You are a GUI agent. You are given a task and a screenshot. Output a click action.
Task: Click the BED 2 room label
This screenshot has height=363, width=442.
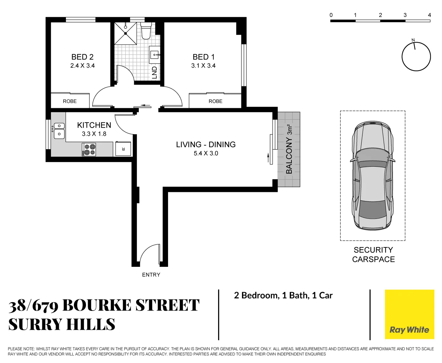[82, 57]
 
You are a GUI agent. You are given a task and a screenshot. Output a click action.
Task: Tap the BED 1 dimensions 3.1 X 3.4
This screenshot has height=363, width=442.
[203, 66]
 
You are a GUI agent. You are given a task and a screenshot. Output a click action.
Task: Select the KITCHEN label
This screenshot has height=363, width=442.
[94, 125]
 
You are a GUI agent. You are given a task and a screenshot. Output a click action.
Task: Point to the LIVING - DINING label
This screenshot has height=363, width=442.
[206, 145]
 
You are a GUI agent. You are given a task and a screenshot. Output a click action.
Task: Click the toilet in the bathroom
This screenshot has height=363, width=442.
[146, 31]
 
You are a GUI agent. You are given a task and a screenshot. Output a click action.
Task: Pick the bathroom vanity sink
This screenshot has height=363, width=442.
[154, 54]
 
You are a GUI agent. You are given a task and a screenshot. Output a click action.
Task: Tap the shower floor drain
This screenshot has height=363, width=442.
[125, 33]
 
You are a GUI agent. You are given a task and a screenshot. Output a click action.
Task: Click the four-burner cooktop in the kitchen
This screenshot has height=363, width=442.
[89, 150]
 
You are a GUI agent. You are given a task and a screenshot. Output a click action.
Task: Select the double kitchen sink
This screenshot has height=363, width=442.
[59, 130]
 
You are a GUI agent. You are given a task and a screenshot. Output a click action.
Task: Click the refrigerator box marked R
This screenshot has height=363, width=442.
[123, 149]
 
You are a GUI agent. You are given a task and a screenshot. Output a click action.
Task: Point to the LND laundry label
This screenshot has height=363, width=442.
[154, 73]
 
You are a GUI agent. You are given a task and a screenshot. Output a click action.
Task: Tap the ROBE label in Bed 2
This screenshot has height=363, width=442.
[70, 101]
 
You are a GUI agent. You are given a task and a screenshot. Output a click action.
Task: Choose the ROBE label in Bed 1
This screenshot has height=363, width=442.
[215, 101]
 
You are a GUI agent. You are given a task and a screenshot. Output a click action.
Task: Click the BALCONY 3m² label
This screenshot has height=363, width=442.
[289, 149]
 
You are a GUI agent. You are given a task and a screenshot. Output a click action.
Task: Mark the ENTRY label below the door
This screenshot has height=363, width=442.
[151, 275]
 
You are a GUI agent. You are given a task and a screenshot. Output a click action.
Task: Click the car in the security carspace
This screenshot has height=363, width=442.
[372, 175]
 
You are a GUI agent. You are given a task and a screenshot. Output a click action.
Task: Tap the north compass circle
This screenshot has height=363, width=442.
[416, 56]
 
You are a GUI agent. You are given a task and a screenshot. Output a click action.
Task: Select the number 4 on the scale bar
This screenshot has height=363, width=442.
[429, 15]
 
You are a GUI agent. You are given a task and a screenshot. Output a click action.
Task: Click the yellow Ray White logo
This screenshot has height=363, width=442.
[409, 314]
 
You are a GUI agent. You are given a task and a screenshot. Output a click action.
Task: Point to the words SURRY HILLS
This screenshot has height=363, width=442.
[62, 325]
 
